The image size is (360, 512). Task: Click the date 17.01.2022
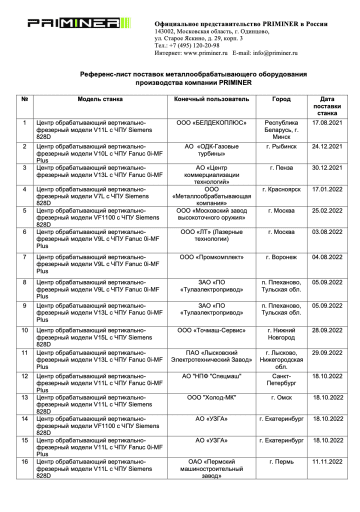pyautogui.click(x=327, y=189)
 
